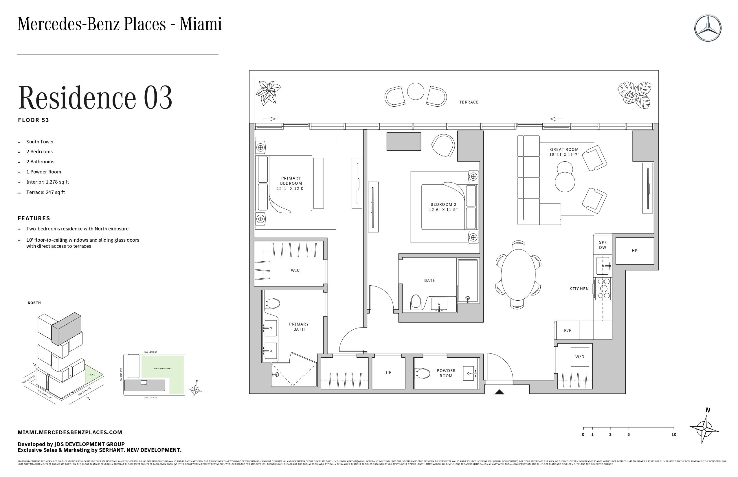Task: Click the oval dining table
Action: [518, 275]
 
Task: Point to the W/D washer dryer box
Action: [579, 357]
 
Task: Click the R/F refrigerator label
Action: [568, 330]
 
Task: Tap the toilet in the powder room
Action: [422, 373]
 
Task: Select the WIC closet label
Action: [295, 270]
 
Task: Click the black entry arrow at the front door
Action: [499, 392]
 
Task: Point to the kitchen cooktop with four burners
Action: [603, 289]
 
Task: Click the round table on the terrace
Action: [415, 91]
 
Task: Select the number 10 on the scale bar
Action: [673, 435]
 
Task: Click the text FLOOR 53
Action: [34, 120]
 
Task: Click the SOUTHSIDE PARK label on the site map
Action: [162, 369]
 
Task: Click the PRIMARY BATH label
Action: [299, 327]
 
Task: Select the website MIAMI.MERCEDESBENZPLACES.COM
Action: [70, 432]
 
